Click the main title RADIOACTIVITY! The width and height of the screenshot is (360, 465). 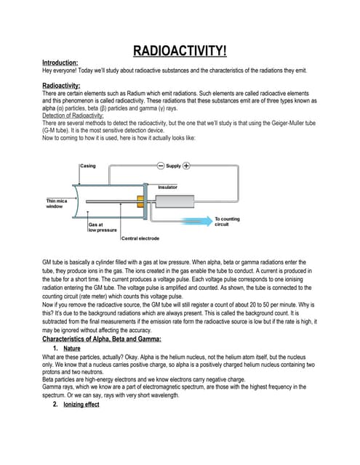click(x=180, y=51)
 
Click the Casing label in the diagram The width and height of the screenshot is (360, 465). click(x=87, y=166)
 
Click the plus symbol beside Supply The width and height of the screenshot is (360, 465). click(x=187, y=166)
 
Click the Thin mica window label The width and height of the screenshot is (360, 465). click(x=58, y=203)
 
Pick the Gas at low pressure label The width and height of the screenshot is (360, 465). click(x=103, y=227)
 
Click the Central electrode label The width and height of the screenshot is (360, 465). click(x=140, y=238)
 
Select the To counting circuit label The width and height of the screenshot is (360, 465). click(x=227, y=221)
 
